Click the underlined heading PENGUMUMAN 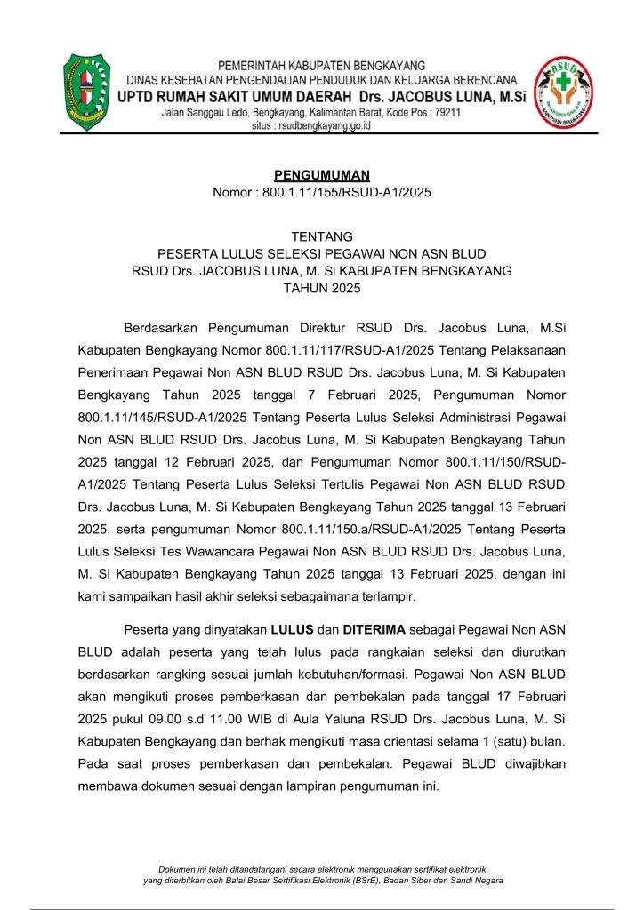tap(322, 175)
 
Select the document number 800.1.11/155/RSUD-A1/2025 tap(347, 192)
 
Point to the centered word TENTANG tap(322, 236)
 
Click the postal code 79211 tap(442, 113)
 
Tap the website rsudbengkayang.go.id tap(323, 126)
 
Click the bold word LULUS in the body tap(293, 630)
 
